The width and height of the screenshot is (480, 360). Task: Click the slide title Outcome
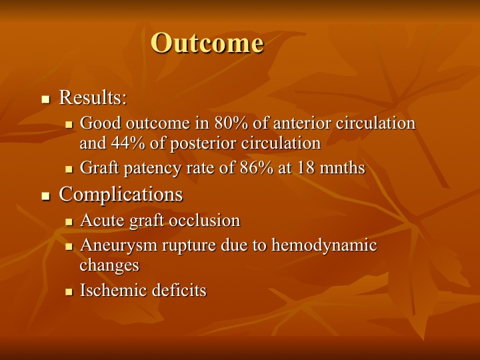pos(207,43)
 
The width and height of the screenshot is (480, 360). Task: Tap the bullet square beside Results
pos(45,99)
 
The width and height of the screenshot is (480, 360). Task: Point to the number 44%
pos(128,143)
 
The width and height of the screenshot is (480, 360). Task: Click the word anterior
pos(302,123)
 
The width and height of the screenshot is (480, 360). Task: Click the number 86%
pos(257,168)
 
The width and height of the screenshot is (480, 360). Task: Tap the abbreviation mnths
pos(342,168)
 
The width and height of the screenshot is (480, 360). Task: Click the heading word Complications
pos(121,195)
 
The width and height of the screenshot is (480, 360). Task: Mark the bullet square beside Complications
pos(45,196)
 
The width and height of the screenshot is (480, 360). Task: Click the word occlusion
pos(205,221)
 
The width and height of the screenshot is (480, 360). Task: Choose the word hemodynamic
pos(324,245)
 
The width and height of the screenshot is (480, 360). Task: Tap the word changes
pos(109,265)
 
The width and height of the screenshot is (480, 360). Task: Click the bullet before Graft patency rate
pos(69,169)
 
